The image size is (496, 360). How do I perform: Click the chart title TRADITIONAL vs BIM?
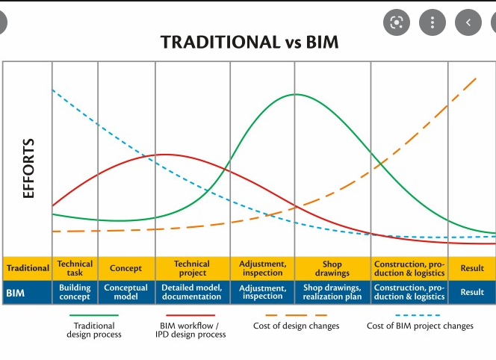click(x=249, y=42)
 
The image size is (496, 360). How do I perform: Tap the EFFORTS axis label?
click(x=29, y=168)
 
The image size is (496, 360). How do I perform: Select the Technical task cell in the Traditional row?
click(x=75, y=268)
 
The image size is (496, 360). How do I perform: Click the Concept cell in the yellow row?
click(x=125, y=268)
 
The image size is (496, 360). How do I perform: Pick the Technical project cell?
click(x=192, y=268)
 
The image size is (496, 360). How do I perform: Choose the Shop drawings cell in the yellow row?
click(x=332, y=268)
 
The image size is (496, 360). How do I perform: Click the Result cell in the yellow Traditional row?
click(x=472, y=268)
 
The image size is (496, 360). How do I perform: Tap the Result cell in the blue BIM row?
click(x=472, y=292)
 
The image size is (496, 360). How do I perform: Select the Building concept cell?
click(x=75, y=292)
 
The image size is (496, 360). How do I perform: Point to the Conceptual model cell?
click(x=125, y=292)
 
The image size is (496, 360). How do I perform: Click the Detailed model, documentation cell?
click(x=192, y=292)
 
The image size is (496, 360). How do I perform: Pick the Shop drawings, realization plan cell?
click(x=332, y=292)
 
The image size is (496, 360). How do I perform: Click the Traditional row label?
click(x=28, y=268)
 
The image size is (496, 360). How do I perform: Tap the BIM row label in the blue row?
click(x=16, y=293)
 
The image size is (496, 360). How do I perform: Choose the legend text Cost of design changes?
click(x=296, y=326)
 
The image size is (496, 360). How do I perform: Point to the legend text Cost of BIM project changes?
click(x=420, y=326)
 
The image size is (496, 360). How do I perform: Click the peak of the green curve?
click(x=297, y=94)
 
